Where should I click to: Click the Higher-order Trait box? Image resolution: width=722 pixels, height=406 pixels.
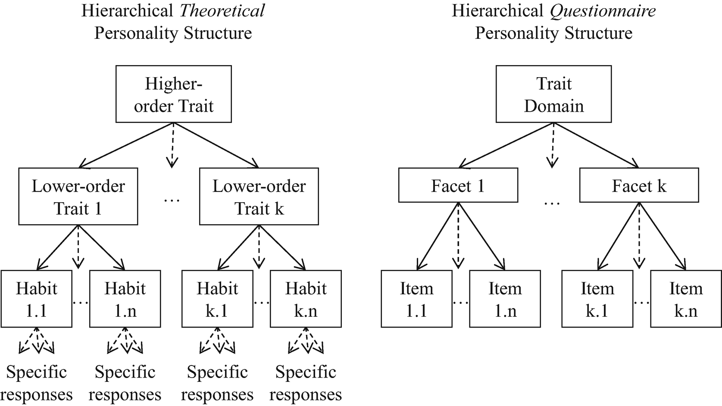tap(173, 94)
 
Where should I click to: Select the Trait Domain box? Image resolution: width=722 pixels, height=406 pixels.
tap(553, 94)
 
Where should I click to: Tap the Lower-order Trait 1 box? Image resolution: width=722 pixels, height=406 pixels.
tap(78, 197)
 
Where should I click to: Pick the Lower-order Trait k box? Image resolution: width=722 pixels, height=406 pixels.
tap(259, 197)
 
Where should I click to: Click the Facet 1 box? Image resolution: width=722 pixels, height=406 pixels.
tap(458, 185)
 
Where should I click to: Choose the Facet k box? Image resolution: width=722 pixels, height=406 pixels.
tap(639, 185)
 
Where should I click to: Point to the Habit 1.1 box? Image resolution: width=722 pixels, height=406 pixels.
tap(37, 299)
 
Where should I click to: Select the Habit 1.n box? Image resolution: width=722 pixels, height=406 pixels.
tap(125, 299)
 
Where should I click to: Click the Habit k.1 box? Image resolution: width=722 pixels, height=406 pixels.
tap(217, 299)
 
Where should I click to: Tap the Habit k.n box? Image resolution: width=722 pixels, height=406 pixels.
tap(306, 299)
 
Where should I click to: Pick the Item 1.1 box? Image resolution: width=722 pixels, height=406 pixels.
tap(416, 299)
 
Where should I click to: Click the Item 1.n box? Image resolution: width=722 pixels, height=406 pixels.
tap(505, 299)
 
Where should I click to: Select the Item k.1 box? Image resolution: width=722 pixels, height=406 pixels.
tap(597, 299)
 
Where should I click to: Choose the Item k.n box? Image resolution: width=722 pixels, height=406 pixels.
tap(686, 299)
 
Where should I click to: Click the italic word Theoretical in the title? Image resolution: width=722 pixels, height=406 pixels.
tap(222, 11)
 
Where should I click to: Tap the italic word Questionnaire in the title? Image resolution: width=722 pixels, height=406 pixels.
tap(603, 11)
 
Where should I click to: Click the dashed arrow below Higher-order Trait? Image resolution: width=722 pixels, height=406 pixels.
tap(172, 144)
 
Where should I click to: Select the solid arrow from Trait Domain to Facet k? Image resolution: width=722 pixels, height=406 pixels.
tap(597, 145)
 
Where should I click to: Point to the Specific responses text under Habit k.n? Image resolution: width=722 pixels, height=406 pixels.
tap(306, 383)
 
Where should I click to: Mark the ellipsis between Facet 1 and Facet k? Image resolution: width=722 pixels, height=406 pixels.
tap(552, 203)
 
